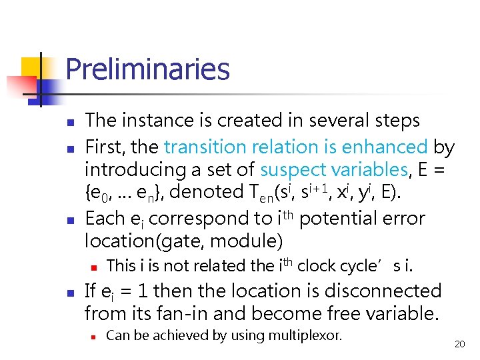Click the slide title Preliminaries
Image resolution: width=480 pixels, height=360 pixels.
coord(147,69)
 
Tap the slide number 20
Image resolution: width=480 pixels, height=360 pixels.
coord(459,344)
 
